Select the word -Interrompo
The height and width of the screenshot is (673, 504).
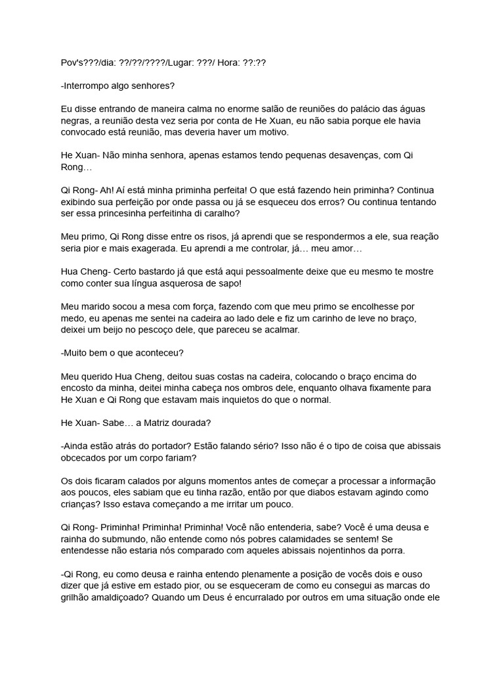(x=87, y=85)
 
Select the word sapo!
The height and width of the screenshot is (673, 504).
(x=225, y=283)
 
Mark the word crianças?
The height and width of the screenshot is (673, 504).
(x=82, y=504)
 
